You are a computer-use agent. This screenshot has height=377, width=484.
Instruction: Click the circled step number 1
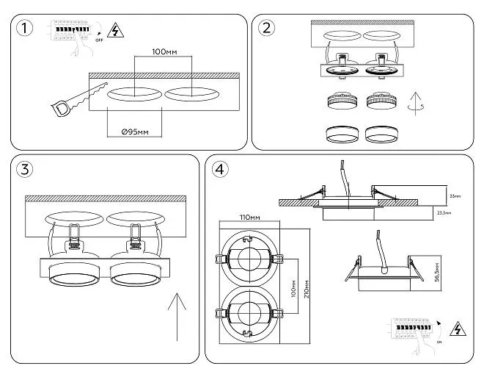(26, 29)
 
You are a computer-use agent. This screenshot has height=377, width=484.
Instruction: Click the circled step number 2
(268, 28)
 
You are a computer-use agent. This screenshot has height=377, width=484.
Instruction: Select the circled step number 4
(219, 169)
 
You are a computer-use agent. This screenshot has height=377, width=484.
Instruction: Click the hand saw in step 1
(73, 100)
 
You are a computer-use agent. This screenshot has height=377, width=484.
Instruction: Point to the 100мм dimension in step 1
(164, 53)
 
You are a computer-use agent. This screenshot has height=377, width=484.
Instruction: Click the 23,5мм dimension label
(444, 212)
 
